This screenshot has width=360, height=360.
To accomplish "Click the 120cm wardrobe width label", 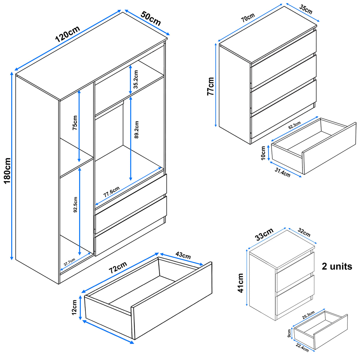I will click(68, 34).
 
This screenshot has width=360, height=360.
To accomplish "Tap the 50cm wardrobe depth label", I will click(151, 18).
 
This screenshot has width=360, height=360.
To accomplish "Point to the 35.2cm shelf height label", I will click(136, 79).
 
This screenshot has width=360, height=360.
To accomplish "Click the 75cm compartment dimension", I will click(75, 123).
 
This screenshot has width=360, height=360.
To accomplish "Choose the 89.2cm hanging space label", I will click(136, 130).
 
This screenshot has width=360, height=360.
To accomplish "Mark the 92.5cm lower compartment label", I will click(75, 205).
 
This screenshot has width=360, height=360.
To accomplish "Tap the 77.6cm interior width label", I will click(111, 192).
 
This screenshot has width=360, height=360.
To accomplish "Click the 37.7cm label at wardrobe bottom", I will click(69, 262).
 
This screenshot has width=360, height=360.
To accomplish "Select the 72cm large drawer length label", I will click(118, 267).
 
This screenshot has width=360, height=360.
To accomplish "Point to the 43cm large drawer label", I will click(183, 255).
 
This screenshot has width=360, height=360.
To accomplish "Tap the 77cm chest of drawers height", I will click(211, 86).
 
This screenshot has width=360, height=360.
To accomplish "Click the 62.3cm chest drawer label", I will click(294, 125).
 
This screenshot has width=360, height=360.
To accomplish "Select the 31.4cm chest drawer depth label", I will click(282, 172).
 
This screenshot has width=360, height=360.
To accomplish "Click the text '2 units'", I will click(337, 266).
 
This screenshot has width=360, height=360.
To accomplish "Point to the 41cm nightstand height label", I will click(240, 283).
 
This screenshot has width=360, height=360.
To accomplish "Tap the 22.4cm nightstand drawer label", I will click(302, 347).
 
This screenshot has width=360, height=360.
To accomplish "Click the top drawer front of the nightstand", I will click(295, 272).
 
